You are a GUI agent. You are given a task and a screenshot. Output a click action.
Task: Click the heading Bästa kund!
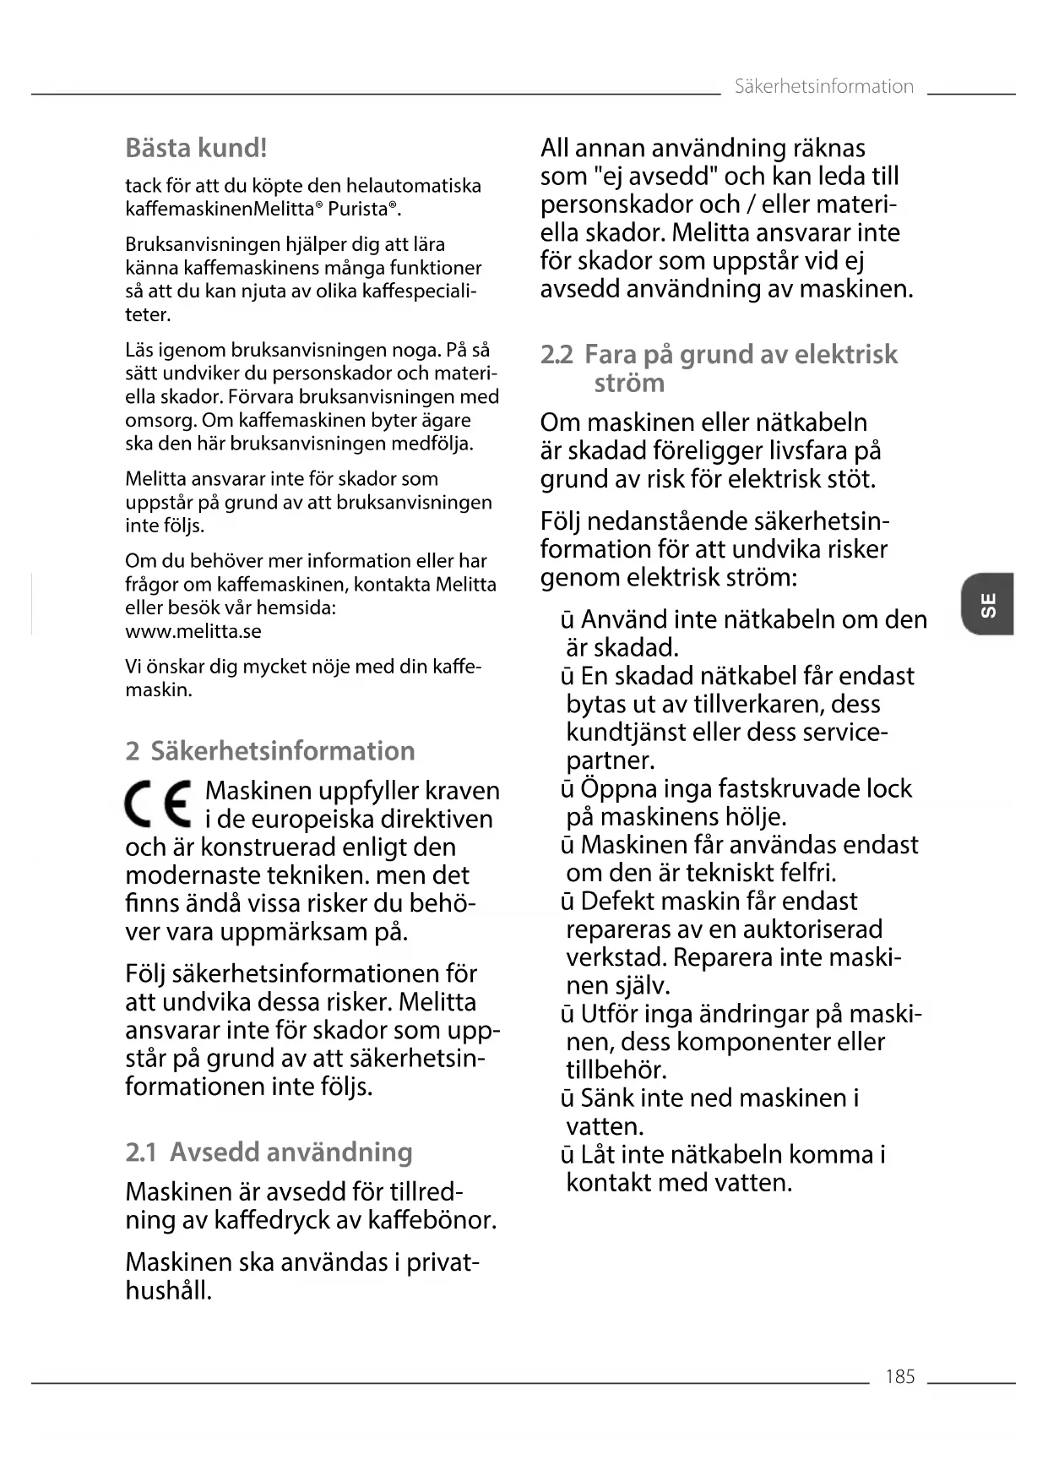click(x=196, y=148)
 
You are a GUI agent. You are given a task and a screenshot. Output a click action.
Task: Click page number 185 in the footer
click(x=899, y=1376)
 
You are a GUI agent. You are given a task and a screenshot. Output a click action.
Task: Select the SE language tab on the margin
click(x=987, y=604)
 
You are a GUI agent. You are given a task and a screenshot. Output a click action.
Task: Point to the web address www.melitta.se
click(x=193, y=631)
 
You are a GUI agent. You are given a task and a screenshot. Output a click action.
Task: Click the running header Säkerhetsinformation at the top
click(x=823, y=86)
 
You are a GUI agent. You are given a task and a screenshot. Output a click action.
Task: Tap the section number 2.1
click(x=141, y=1152)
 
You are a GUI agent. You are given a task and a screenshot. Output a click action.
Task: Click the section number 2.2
click(x=557, y=354)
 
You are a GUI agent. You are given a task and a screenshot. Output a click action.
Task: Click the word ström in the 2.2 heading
click(x=629, y=383)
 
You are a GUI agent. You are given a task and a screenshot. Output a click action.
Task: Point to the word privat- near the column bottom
click(x=443, y=1262)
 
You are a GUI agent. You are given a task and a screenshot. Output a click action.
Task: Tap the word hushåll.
click(x=168, y=1290)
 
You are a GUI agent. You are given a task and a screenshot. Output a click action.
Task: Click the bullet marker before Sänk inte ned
click(x=567, y=1098)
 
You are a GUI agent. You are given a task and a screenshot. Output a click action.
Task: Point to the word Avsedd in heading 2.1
click(x=214, y=1152)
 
